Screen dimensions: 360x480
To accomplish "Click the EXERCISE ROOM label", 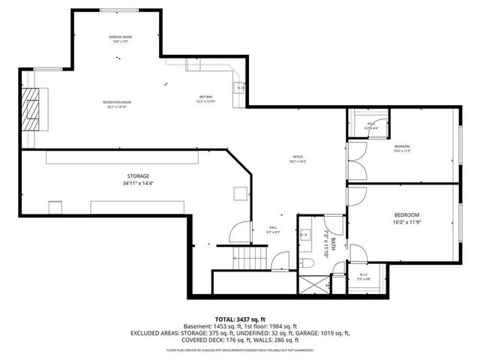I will [121, 36].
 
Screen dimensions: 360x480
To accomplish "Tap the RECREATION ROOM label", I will [117, 102].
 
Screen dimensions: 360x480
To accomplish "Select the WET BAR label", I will [205, 97].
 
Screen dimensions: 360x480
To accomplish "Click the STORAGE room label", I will [137, 175].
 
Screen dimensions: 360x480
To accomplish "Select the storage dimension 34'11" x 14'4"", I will [137, 184].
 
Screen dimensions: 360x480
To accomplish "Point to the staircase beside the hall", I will [249, 259].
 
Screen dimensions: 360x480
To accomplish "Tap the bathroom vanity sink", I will [305, 235].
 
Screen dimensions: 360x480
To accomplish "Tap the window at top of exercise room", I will [121, 10].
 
